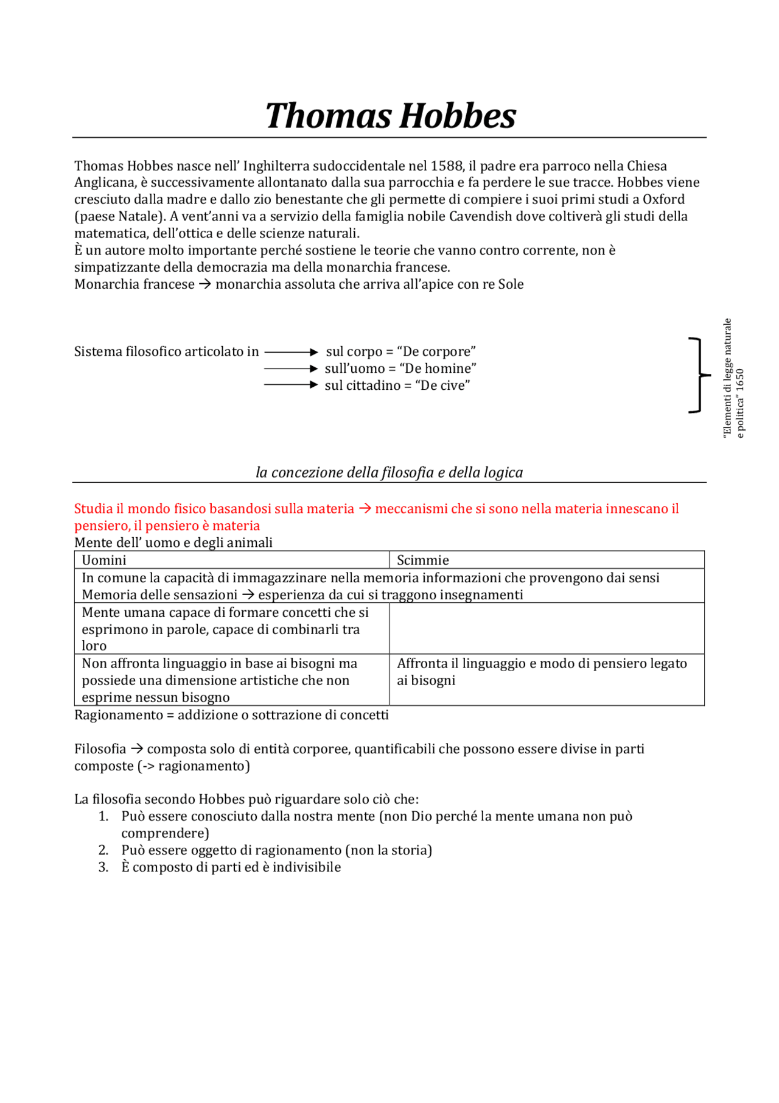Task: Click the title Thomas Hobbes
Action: [390, 116]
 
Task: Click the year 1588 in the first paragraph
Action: [447, 166]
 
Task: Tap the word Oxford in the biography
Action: [663, 200]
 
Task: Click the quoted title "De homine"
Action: [438, 369]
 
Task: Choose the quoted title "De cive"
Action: [442, 386]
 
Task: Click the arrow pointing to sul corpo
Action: [291, 352]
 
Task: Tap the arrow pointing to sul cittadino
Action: [291, 385]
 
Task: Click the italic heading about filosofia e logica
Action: [389, 473]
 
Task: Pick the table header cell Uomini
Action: [104, 560]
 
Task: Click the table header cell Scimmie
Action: [423, 560]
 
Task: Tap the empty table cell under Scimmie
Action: [547, 629]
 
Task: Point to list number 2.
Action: [103, 850]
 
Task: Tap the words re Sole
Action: [503, 284]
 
